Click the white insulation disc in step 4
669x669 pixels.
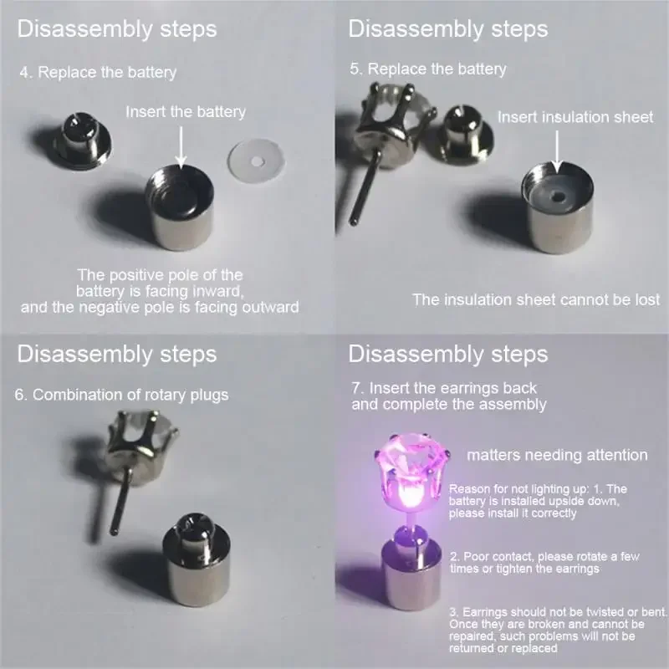pos(256,161)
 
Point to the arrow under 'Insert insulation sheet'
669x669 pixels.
pos(556,152)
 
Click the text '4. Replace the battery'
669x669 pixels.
pos(98,73)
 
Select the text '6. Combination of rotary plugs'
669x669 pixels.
pos(122,395)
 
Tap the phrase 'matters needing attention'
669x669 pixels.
pos(557,455)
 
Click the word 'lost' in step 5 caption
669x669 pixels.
pos(647,300)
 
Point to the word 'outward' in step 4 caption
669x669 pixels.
pos(270,307)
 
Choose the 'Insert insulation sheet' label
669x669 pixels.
pos(575,117)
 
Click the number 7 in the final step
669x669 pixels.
pos(357,389)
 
